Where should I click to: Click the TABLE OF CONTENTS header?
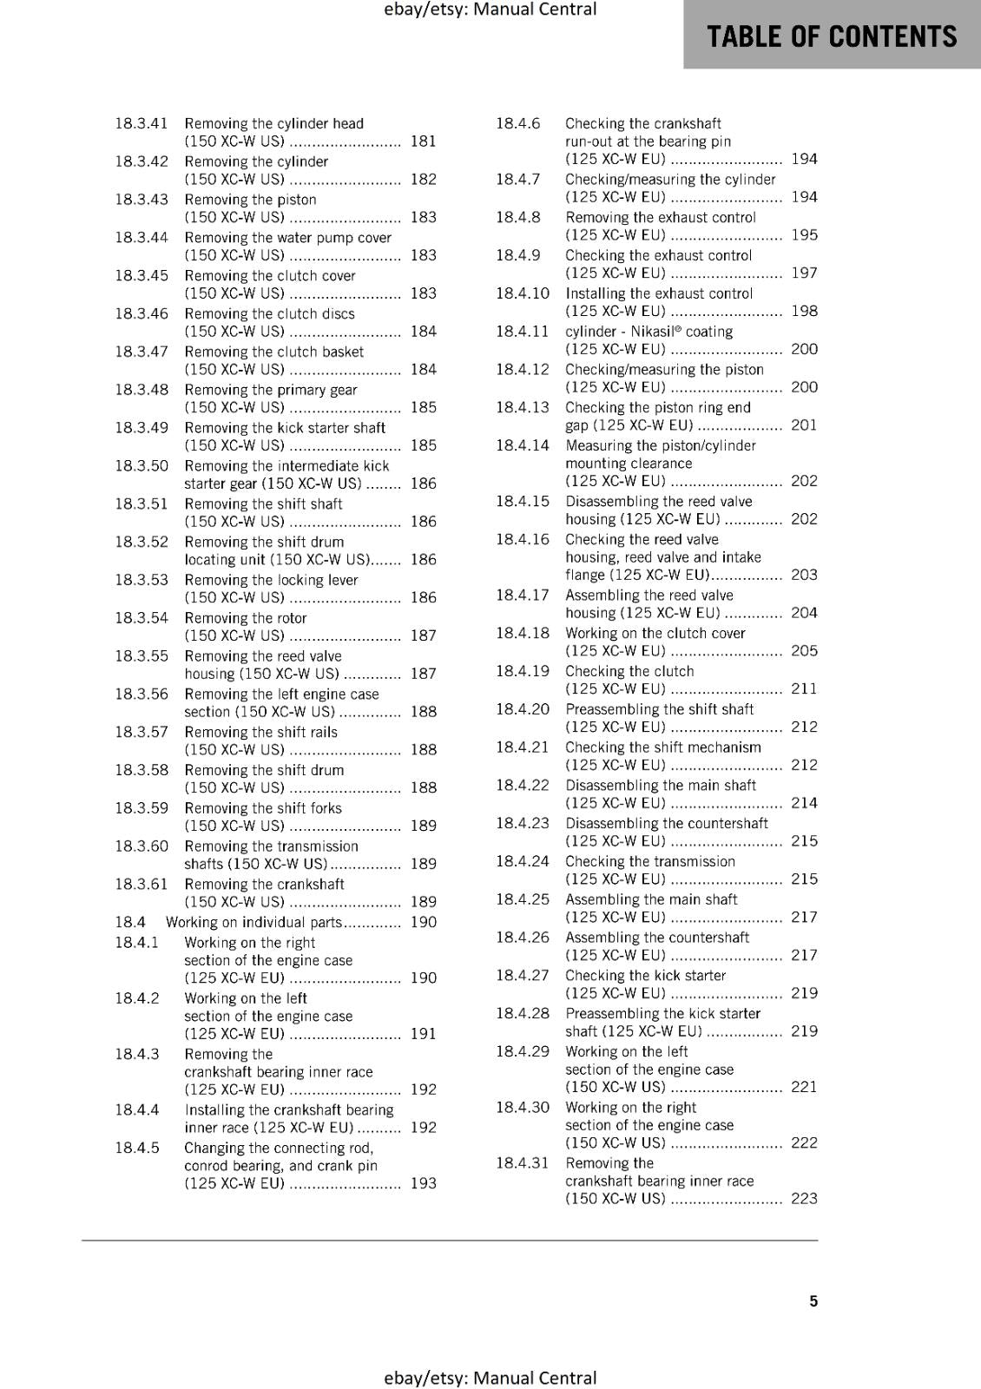[x=832, y=36]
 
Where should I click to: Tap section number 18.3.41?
[x=142, y=123]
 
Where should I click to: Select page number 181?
[x=423, y=141]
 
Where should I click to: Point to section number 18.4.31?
[x=523, y=1162]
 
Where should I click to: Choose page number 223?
[x=804, y=1198]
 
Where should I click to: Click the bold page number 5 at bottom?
[x=813, y=1300]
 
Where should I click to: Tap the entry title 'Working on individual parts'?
[x=253, y=922]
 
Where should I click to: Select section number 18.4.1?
[x=137, y=942]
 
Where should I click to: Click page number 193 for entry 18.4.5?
[x=423, y=1182]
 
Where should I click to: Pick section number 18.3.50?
[x=142, y=465]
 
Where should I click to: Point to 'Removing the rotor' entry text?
[x=246, y=618]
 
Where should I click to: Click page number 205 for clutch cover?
[x=804, y=650]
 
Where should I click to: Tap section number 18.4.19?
[x=523, y=671]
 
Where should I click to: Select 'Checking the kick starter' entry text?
[x=646, y=975]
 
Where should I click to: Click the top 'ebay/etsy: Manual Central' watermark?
[x=490, y=10]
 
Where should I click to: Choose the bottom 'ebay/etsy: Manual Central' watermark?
[x=490, y=1378]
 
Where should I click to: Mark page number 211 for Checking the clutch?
[x=804, y=688]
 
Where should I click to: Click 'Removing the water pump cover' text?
[x=287, y=237]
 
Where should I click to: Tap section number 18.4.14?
[x=523, y=445]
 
